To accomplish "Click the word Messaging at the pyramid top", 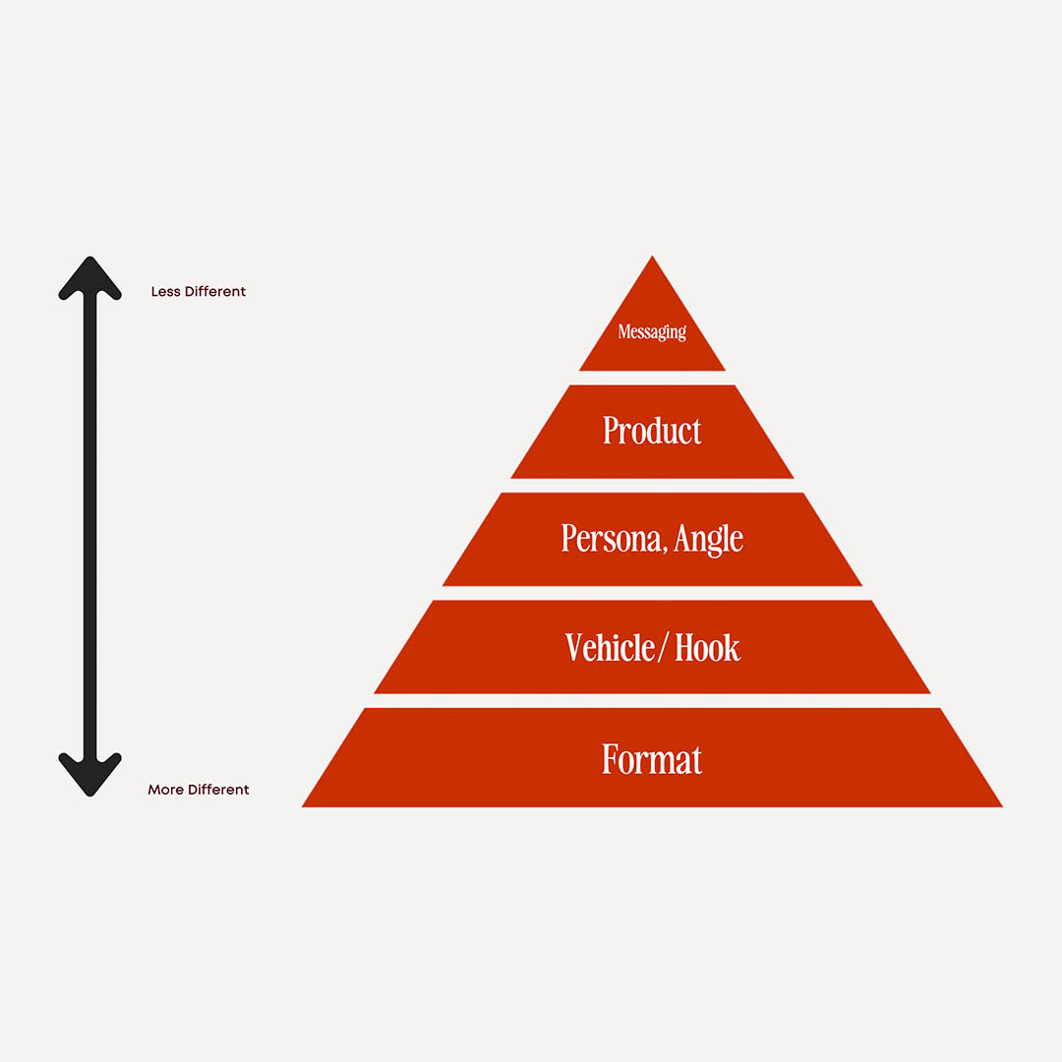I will (652, 331).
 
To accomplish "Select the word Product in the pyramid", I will (652, 431).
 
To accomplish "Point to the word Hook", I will (708, 647).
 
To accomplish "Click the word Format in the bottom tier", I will (652, 759).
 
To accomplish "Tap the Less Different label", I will (199, 292).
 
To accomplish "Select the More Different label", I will (199, 790).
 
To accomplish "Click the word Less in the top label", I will (163, 292).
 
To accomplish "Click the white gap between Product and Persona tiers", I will (652, 486).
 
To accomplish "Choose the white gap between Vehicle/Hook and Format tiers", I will (652, 701).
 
